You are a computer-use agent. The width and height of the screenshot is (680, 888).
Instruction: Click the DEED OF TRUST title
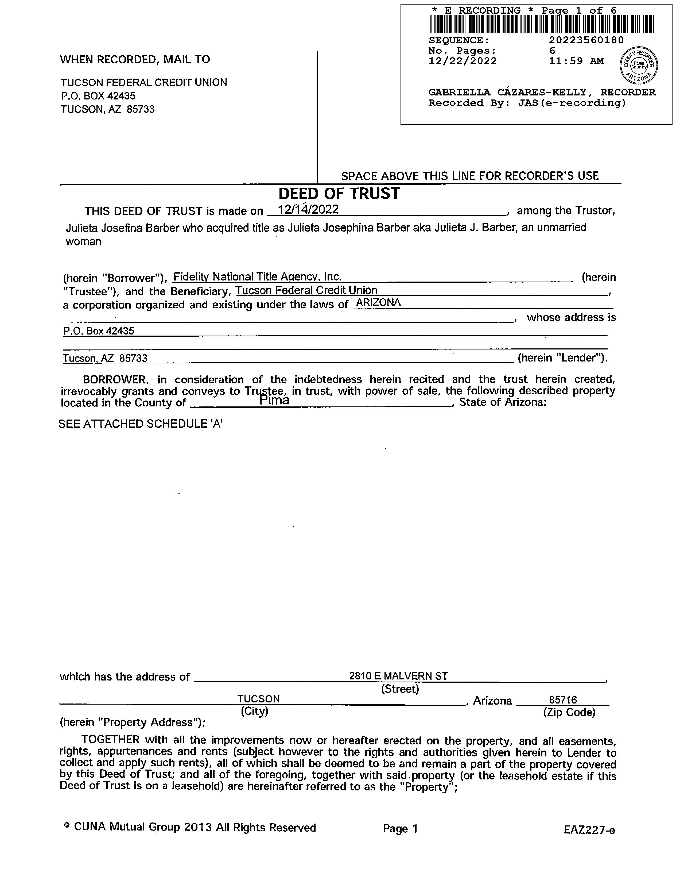pos(339,194)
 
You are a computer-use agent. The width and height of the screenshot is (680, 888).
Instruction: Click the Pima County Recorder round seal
pos(639,65)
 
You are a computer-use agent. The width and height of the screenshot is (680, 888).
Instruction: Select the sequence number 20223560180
pos(586,40)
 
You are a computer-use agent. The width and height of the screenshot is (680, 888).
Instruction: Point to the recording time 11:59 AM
pos(576,61)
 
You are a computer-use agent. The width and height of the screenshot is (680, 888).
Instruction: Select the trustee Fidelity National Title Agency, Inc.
pos(257,277)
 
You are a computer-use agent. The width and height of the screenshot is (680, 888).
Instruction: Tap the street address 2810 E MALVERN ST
pos(398,676)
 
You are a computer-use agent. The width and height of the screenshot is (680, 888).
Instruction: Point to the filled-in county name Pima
pos(274,401)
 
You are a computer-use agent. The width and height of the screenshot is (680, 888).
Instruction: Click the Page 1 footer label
pos(400,829)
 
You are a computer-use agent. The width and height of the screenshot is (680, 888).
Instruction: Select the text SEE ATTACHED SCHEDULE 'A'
pos(141,424)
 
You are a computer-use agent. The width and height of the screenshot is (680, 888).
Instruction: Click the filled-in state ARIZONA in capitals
pos(378,303)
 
